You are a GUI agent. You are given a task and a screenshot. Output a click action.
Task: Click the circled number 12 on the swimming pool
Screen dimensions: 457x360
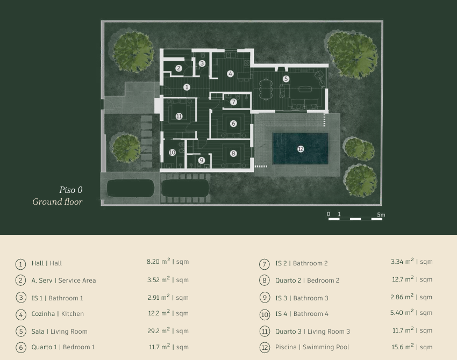pyautogui.click(x=301, y=149)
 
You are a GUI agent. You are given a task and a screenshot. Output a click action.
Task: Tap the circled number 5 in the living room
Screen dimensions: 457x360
pyautogui.click(x=286, y=78)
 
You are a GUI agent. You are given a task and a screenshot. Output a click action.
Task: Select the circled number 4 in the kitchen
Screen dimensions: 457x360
pyautogui.click(x=230, y=74)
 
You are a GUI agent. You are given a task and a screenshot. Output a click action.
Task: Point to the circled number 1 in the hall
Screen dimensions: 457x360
pyautogui.click(x=187, y=87)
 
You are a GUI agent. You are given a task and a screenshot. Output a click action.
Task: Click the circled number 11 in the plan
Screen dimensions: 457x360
pyautogui.click(x=179, y=116)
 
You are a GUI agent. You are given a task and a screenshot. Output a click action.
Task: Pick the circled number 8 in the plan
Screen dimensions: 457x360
pyautogui.click(x=233, y=153)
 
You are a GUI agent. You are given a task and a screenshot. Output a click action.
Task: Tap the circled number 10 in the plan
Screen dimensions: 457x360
pyautogui.click(x=172, y=153)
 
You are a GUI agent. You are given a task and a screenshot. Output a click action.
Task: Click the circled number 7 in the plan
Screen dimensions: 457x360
pyautogui.click(x=233, y=102)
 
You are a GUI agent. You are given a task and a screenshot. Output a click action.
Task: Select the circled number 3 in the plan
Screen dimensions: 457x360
pyautogui.click(x=202, y=63)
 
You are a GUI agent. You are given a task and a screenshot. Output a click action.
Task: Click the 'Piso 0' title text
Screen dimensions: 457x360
pyautogui.click(x=71, y=190)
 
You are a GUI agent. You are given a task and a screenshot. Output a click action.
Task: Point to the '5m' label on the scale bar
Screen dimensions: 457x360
pyautogui.click(x=381, y=215)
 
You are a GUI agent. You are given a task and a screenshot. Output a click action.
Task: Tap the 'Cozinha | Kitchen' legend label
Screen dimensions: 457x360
pyautogui.click(x=58, y=314)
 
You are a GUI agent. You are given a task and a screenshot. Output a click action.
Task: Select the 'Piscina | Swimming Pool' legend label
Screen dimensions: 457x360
pyautogui.click(x=312, y=347)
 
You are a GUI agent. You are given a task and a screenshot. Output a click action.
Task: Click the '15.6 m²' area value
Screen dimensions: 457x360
pyautogui.click(x=403, y=347)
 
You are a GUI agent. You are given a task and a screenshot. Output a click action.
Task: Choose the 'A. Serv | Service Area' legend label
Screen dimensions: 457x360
pyautogui.click(x=63, y=280)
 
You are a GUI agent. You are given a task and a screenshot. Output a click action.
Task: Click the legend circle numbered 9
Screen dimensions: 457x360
pyautogui.click(x=265, y=298)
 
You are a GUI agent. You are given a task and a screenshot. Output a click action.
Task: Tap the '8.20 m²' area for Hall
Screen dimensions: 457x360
pyautogui.click(x=158, y=261)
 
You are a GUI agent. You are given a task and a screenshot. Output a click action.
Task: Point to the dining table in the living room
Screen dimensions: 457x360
pyautogui.click(x=266, y=89)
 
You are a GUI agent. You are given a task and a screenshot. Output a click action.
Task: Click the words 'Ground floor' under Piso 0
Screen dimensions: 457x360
pyautogui.click(x=58, y=201)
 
